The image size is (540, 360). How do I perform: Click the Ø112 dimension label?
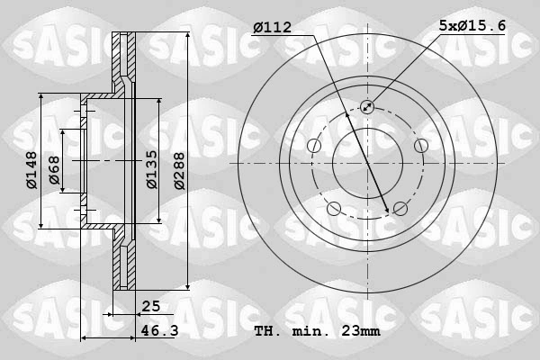pyautogui.click(x=273, y=28)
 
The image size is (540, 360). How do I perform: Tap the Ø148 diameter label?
pyautogui.click(x=31, y=171)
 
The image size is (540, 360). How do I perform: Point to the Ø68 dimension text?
pyautogui.click(x=55, y=171)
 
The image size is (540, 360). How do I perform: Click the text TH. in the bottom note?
pyautogui.click(x=269, y=331)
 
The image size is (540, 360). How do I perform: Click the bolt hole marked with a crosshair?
pyautogui.click(x=367, y=107)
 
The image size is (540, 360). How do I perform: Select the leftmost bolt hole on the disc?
pyautogui.click(x=314, y=146)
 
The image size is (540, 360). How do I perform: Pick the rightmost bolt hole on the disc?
pyautogui.click(x=420, y=146)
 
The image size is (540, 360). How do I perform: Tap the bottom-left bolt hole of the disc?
pyautogui.click(x=334, y=209)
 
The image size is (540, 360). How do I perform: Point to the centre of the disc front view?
pyautogui.click(x=367, y=163)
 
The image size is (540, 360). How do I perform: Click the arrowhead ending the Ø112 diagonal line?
pyautogui.click(x=387, y=211)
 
